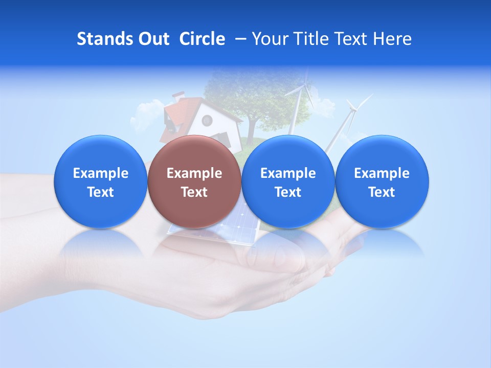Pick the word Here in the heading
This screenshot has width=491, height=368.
[392, 39]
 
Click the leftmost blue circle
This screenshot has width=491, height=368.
[100, 181]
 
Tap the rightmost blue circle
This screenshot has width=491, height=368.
[382, 181]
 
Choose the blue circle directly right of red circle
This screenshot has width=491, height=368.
[288, 181]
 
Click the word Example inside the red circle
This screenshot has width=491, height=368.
[194, 173]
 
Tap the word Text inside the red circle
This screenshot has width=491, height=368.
[194, 192]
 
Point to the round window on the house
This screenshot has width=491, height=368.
[207, 121]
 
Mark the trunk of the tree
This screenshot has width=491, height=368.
[251, 131]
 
